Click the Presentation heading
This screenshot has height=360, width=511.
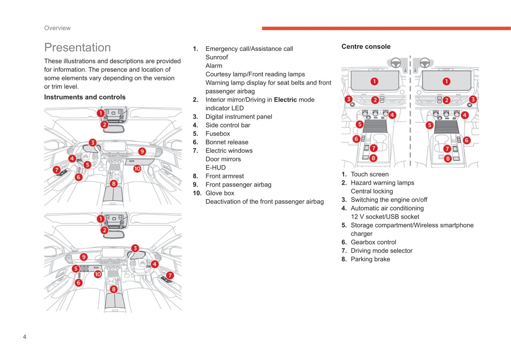coord(77,47)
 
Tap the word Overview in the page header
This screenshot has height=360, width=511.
coord(57,28)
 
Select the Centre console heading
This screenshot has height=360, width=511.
coord(366,47)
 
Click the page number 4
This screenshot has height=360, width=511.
coord(25,337)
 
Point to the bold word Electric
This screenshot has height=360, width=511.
coord(285,100)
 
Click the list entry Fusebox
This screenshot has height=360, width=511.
coord(217,134)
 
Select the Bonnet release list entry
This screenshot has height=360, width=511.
coord(227,142)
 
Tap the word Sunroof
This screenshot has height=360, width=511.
coord(216,57)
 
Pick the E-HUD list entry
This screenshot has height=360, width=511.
coord(215,167)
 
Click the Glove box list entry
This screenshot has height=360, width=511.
coord(220,193)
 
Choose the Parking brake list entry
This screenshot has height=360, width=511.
coord(370,259)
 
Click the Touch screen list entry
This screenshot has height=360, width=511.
coord(370,174)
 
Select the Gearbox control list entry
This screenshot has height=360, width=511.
coord(373,242)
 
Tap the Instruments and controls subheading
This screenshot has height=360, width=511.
coord(85,97)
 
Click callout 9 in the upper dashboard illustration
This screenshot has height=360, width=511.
coord(142,152)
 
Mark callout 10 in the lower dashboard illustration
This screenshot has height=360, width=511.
coord(98,274)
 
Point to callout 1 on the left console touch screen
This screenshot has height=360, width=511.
coord(374,82)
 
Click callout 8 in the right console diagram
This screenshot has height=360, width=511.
coord(448,159)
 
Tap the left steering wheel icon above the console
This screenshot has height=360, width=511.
coord(396,63)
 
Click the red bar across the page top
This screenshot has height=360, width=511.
coord(386,28)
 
